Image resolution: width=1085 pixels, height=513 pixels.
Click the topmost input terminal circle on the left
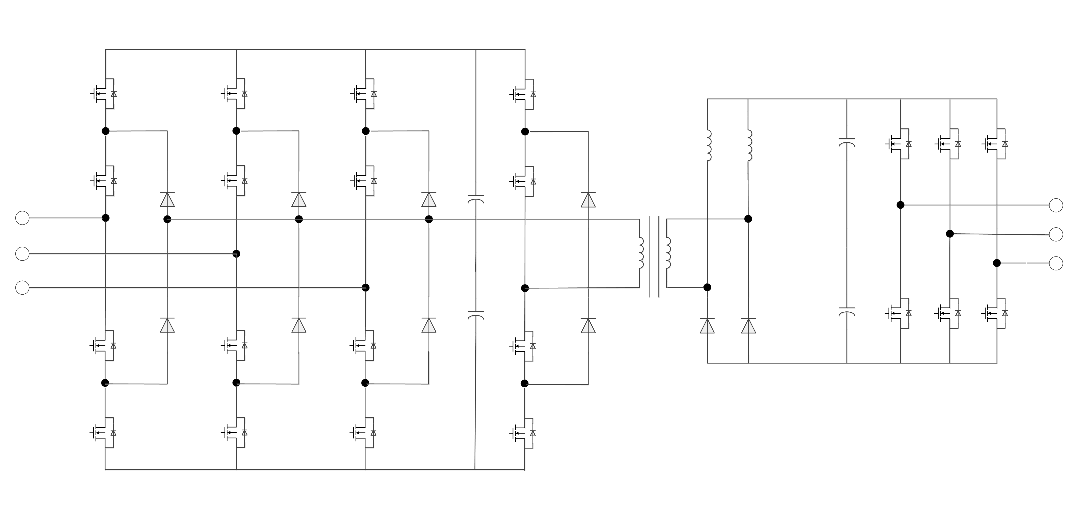22,218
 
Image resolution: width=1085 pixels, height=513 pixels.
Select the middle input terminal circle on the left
22,254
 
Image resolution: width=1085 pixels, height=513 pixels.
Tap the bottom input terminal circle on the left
22,288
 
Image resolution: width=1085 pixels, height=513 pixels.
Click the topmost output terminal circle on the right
1056,205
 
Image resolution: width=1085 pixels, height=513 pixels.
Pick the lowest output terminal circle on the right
1056,263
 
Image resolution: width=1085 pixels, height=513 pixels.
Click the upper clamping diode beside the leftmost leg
167,200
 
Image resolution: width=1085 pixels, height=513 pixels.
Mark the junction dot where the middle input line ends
236,254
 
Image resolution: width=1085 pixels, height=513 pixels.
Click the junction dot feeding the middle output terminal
950,234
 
